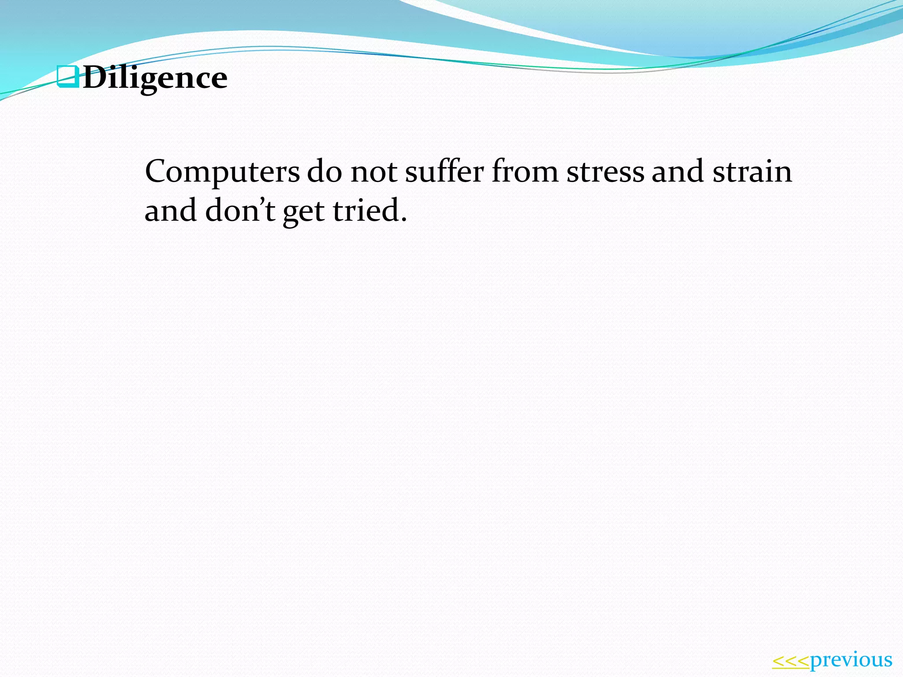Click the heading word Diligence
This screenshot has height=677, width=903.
155,78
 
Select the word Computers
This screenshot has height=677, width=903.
222,172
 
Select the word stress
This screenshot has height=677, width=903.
605,172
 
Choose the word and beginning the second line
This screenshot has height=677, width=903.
171,210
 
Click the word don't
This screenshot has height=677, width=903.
240,210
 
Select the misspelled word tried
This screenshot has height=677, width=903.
366,210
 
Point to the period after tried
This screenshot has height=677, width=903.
403,219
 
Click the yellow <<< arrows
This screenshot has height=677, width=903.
791,661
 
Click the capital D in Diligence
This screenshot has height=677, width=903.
93,78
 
